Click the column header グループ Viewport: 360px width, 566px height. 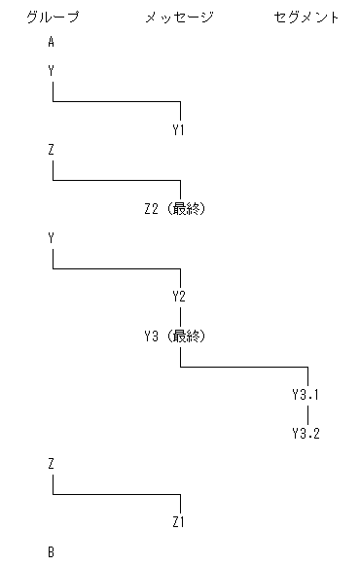point(51,18)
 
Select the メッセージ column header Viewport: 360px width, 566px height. point(179,18)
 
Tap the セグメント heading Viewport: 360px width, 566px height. point(306,18)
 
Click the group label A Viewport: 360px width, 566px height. point(51,43)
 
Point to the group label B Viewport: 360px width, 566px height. point(51,551)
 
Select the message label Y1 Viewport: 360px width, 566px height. point(179,128)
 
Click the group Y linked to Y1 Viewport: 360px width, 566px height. point(51,70)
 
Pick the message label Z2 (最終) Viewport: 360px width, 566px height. point(175,208)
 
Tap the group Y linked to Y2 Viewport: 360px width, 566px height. point(51,237)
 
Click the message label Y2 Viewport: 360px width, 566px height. point(179,296)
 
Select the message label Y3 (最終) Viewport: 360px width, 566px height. point(175,336)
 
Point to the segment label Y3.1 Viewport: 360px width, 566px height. point(306,395)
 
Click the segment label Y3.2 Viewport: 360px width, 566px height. point(306,434)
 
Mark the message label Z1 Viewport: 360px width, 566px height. point(179,522)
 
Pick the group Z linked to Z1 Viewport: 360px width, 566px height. point(51,464)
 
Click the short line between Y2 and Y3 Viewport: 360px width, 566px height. point(180,316)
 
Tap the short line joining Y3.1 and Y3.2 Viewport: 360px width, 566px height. point(307,414)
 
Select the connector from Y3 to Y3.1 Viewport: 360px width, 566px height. point(243,368)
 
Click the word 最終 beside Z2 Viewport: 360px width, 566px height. point(187,208)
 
